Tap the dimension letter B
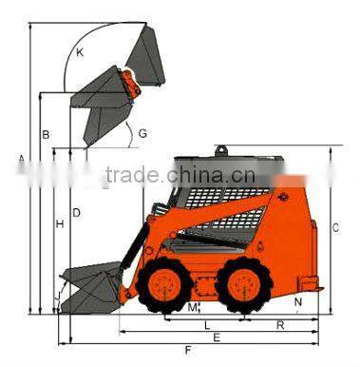(45, 134)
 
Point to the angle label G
(142, 133)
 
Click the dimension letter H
(60, 224)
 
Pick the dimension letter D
(76, 211)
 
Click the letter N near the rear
(298, 302)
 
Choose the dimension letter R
(280, 325)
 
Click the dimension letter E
(217, 338)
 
